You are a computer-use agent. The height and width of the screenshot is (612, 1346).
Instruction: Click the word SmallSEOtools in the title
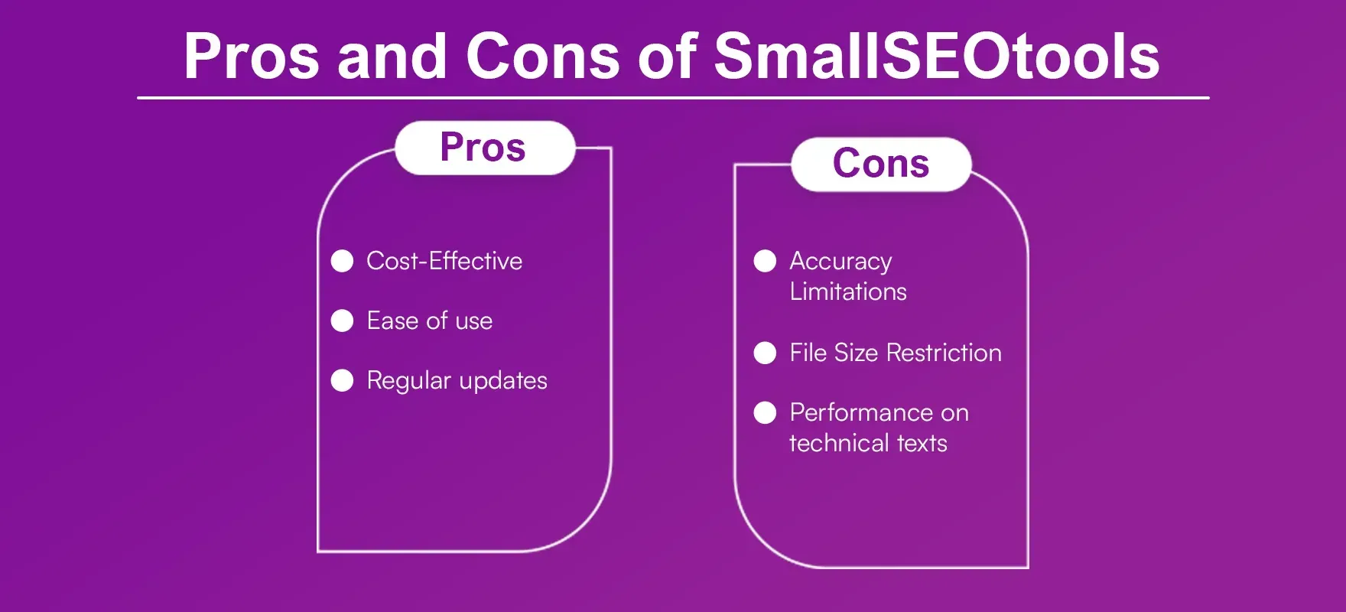tap(936, 56)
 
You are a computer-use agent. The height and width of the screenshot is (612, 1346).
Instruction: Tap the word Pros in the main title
tap(251, 56)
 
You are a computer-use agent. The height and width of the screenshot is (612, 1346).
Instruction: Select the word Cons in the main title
tap(542, 56)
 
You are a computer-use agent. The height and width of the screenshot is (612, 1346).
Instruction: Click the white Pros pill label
tap(483, 148)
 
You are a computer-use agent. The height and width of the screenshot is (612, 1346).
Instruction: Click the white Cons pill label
tap(881, 164)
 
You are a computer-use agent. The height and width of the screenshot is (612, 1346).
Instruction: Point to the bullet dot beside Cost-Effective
tap(342, 261)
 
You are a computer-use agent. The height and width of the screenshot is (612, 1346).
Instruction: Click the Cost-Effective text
tap(444, 261)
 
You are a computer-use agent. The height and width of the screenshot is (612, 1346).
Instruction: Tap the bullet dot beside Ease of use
tap(342, 321)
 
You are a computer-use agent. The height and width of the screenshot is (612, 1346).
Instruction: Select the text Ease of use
tap(429, 321)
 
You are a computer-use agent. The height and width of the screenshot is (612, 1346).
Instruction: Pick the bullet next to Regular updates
tap(342, 380)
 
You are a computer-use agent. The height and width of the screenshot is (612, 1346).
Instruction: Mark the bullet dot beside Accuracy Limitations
tap(765, 261)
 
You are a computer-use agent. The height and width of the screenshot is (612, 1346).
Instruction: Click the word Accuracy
tap(840, 262)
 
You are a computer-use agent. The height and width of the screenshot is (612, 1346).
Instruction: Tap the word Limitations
tap(848, 291)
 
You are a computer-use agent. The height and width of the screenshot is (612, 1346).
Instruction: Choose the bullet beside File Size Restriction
tap(765, 353)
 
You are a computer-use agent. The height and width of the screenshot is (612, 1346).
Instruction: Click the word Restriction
tap(944, 353)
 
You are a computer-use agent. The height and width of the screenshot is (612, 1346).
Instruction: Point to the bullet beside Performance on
tap(765, 412)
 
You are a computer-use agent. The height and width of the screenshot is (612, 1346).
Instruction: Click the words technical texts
tap(868, 443)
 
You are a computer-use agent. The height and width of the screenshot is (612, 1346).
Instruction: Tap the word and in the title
tap(392, 56)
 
